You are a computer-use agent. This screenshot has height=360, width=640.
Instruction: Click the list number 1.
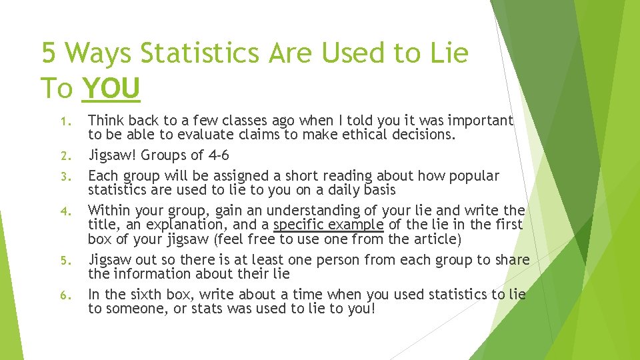coord(65,121)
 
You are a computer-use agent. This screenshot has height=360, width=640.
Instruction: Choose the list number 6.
coord(65,295)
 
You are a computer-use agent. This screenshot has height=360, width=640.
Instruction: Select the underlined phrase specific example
coord(328,225)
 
